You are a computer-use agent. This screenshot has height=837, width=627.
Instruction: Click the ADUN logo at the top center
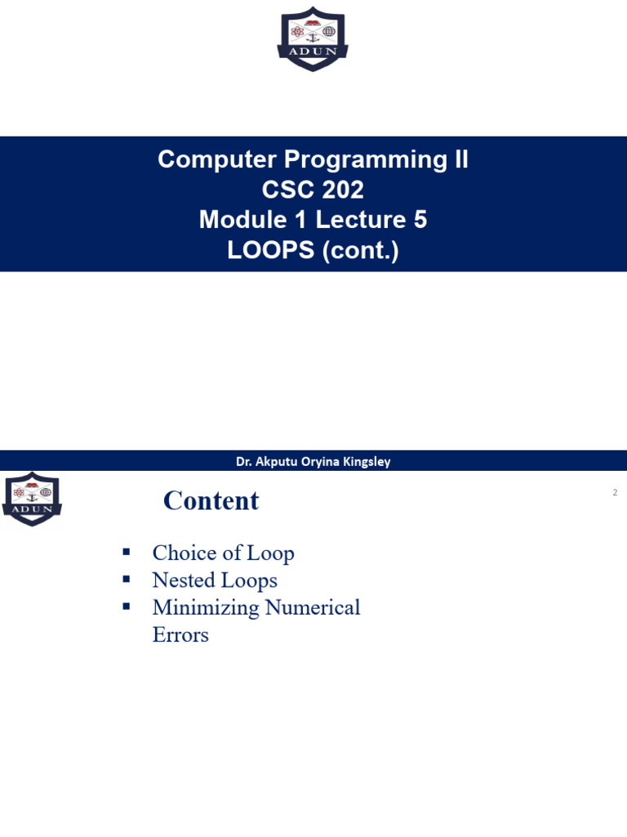coord(313,39)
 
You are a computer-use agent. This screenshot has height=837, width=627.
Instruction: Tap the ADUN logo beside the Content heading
coord(32,499)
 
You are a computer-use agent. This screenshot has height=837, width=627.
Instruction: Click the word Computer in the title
coord(217,159)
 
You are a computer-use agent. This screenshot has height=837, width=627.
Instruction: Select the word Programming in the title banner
coord(365,160)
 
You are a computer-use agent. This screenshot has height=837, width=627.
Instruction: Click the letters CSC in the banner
coord(286,190)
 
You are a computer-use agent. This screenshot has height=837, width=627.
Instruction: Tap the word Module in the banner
coord(242,219)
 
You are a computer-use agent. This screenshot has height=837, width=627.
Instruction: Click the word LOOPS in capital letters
coord(271,250)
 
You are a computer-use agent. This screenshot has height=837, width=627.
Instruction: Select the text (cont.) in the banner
coord(360,251)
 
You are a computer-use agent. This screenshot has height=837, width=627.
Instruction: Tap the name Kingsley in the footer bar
coord(367,462)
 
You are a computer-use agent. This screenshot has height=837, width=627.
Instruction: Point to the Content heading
coord(211,501)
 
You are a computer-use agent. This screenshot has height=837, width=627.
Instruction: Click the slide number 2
coord(615,492)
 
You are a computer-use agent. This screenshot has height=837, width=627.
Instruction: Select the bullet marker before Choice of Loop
coord(127,552)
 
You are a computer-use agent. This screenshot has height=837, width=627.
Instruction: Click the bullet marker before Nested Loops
coord(127,579)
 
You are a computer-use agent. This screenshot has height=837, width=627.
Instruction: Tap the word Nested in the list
coord(184,580)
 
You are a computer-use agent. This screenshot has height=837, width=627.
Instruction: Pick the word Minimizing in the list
coord(206,608)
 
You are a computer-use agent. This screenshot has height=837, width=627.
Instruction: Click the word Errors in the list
coord(180,634)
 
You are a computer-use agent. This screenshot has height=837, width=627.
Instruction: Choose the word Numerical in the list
coord(313,607)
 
